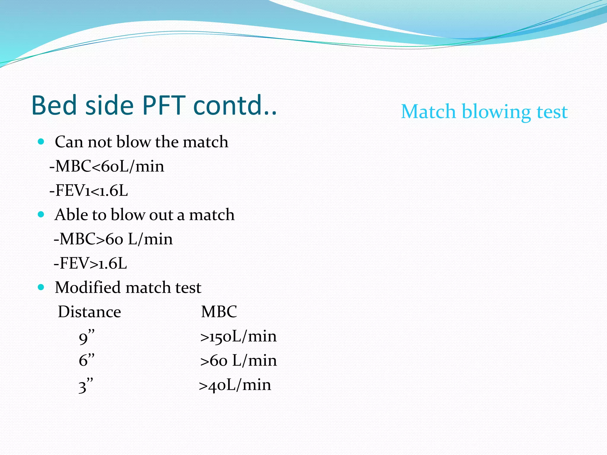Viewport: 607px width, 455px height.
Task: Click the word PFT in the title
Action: [x=164, y=105]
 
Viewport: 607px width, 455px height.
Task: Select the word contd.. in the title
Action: [x=235, y=105]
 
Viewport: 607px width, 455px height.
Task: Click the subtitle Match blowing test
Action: [x=484, y=112]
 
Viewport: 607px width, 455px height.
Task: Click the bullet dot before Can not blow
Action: [x=41, y=141]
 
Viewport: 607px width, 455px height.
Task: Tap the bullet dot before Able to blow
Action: [x=41, y=214]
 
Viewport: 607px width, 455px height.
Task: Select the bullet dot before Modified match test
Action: [x=41, y=287]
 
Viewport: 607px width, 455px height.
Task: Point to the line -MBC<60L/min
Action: [x=107, y=166]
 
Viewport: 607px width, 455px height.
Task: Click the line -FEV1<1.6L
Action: [x=89, y=190]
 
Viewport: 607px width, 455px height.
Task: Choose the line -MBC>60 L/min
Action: [x=113, y=239]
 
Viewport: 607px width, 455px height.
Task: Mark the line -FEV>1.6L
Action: [x=90, y=263]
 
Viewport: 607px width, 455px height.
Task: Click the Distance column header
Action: [x=89, y=312]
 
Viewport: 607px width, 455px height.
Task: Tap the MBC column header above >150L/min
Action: [x=219, y=312]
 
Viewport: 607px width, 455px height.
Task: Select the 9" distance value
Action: [x=86, y=337]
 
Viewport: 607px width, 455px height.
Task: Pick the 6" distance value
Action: [x=86, y=361]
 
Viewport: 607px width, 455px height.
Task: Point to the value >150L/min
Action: [x=238, y=337]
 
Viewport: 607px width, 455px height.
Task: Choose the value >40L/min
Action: [x=235, y=385]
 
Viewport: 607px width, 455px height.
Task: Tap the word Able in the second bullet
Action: [x=70, y=214]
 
